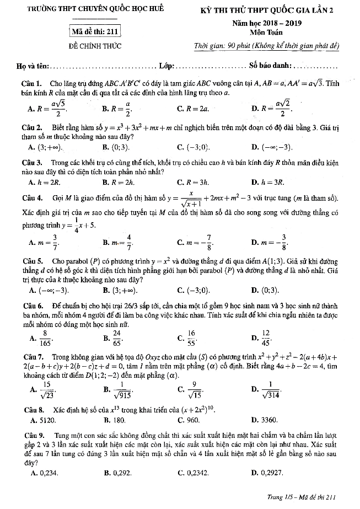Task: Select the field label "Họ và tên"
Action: point(33,67)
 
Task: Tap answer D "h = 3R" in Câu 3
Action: point(272,181)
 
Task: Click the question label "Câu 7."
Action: point(29,357)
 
